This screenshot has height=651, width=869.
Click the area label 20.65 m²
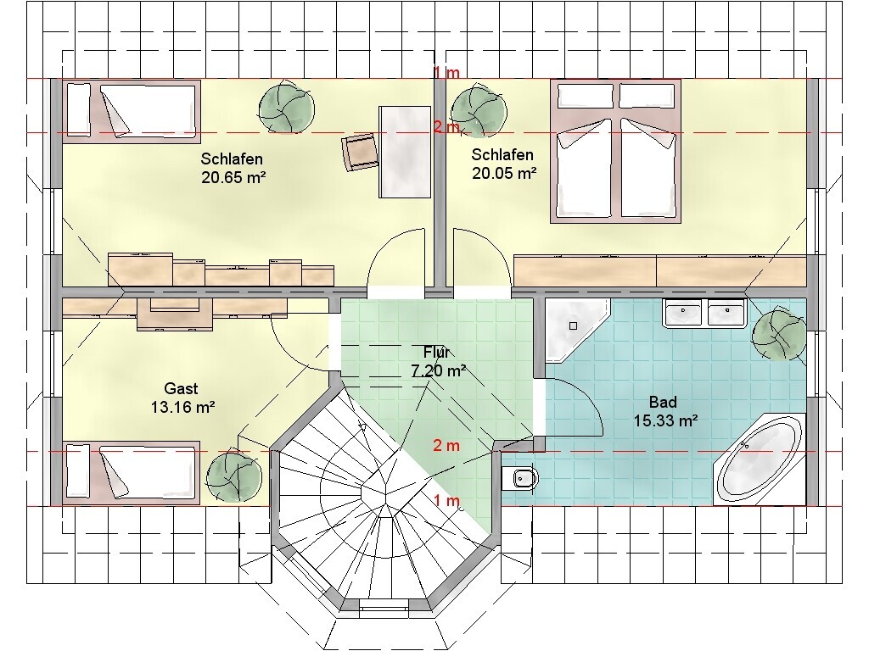(x=233, y=178)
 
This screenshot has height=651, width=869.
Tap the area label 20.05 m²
(x=504, y=173)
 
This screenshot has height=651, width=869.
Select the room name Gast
(x=182, y=388)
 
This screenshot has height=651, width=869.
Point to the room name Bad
(x=663, y=402)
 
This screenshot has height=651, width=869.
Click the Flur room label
(x=437, y=352)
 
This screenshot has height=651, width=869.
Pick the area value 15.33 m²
(x=665, y=420)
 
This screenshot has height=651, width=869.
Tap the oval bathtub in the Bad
(x=760, y=459)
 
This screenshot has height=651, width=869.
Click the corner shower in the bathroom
(x=577, y=331)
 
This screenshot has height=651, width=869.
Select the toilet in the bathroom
(x=520, y=479)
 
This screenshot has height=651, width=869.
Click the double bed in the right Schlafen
(x=615, y=151)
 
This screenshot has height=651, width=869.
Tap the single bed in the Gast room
(x=132, y=473)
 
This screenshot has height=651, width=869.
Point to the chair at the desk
(x=360, y=152)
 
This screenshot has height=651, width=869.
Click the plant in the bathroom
(x=779, y=335)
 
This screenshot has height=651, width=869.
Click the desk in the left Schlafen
(x=405, y=152)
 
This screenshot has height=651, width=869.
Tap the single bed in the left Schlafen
(x=132, y=108)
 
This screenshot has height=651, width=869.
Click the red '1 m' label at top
(x=446, y=73)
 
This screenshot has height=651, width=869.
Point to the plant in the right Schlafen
(x=479, y=110)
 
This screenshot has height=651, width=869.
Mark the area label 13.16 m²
(x=183, y=408)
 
